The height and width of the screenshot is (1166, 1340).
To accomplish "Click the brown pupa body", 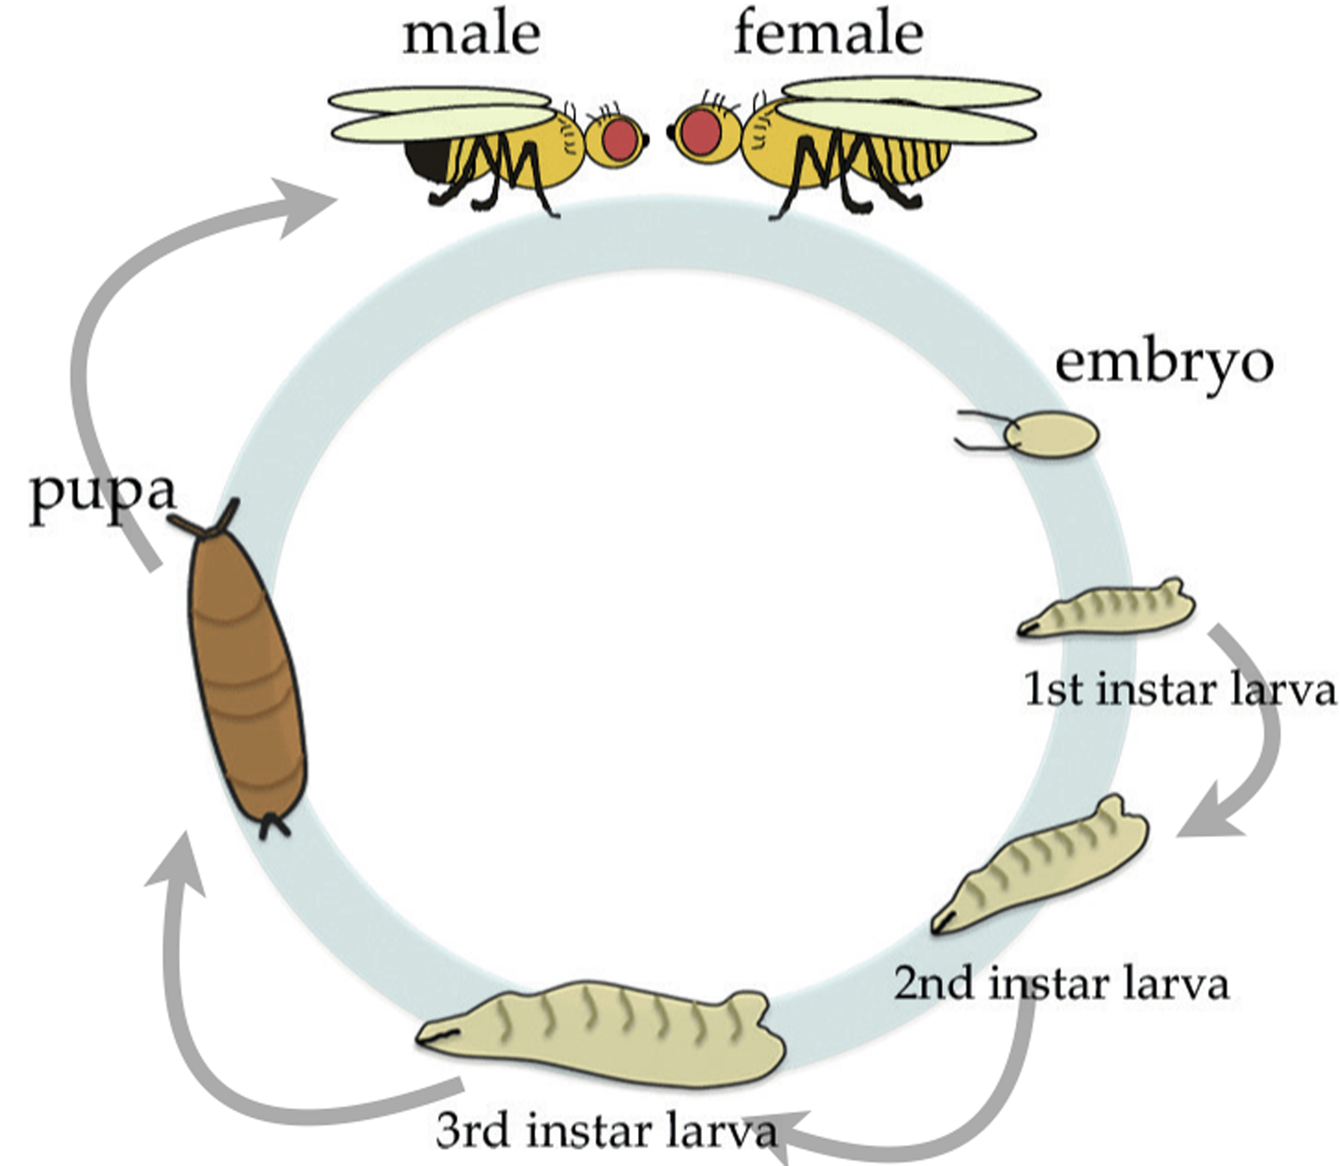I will click(246, 677).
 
